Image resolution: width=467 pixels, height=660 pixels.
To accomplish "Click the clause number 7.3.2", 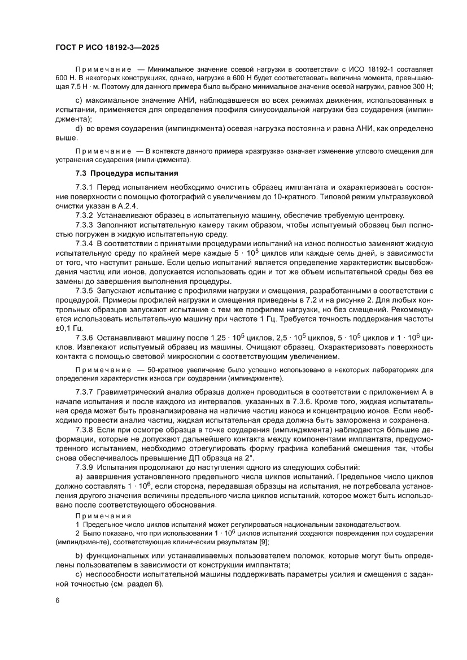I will pyautogui.click(x=85, y=215).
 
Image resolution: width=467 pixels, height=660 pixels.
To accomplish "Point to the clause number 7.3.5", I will pyautogui.click(x=85, y=290).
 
